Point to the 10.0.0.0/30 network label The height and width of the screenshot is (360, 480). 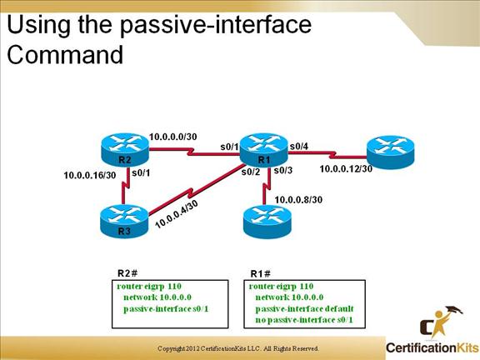pyautogui.click(x=173, y=136)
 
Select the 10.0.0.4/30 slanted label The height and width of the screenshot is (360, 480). pyautogui.click(x=177, y=213)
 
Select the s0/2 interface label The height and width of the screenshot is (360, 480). pyautogui.click(x=251, y=172)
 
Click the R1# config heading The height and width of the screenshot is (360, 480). pyautogui.click(x=262, y=272)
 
